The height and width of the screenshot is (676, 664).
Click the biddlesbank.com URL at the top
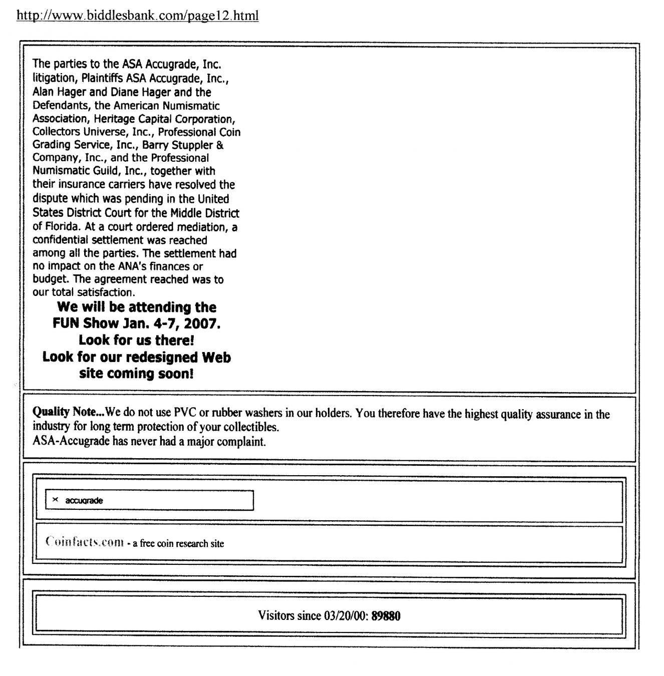(x=138, y=16)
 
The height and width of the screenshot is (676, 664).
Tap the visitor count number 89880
(x=386, y=615)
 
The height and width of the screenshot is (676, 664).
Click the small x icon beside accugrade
(x=55, y=500)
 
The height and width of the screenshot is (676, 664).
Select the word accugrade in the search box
(x=84, y=500)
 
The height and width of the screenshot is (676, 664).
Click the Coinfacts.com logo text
(x=84, y=542)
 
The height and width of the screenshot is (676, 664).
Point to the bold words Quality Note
(x=68, y=412)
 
